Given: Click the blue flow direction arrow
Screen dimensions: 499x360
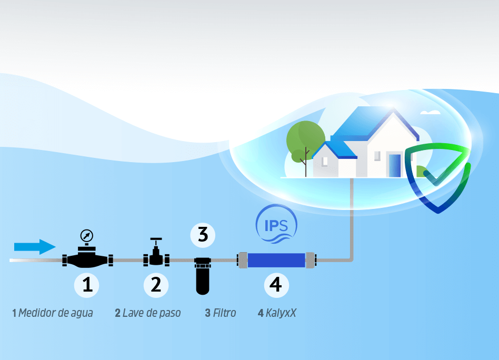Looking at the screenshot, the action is click(35, 247).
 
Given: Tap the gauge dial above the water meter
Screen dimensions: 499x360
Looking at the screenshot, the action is click(86, 236).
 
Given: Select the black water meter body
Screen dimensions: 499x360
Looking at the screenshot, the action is click(87, 259).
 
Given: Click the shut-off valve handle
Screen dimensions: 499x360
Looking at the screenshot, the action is click(156, 239).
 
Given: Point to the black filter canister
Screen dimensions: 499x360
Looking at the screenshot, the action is click(203, 276).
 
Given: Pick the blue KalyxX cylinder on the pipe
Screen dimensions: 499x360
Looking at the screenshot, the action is click(276, 260).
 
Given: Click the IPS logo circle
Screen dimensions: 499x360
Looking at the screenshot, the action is click(276, 224).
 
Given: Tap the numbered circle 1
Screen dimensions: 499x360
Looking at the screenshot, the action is click(86, 285).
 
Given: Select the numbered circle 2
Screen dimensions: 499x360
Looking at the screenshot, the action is click(156, 285).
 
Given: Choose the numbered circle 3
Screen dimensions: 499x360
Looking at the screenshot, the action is click(203, 235).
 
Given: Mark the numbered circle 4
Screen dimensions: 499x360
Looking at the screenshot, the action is click(276, 285).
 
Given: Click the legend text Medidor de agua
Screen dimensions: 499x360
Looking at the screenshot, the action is click(56, 313).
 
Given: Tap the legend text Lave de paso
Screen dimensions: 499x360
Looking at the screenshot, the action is click(152, 313).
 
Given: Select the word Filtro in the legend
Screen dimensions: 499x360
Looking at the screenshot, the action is click(224, 313).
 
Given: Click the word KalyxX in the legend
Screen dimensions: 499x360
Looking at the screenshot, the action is click(281, 313).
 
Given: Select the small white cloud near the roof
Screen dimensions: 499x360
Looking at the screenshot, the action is click(430, 112).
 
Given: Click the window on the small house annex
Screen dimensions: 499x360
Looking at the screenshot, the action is click(324, 162).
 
